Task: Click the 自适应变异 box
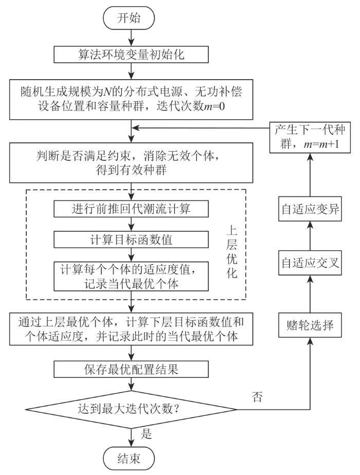point(311,209)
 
